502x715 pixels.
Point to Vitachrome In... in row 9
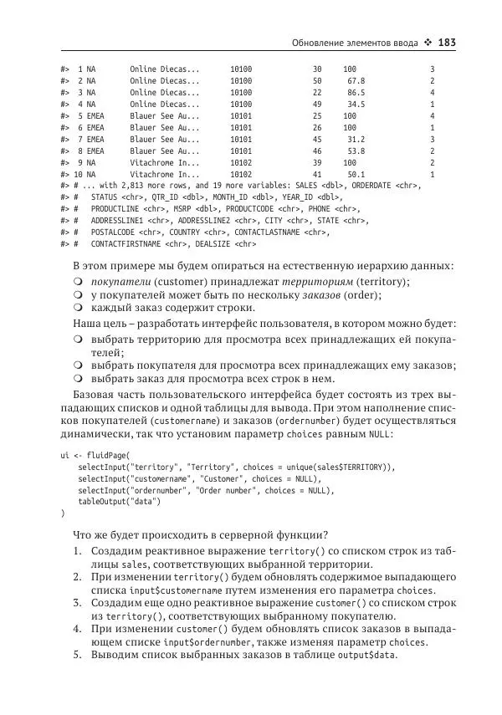point(165,163)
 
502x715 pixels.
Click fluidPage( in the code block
point(98,454)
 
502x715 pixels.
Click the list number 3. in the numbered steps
point(77,601)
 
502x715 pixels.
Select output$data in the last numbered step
point(371,655)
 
